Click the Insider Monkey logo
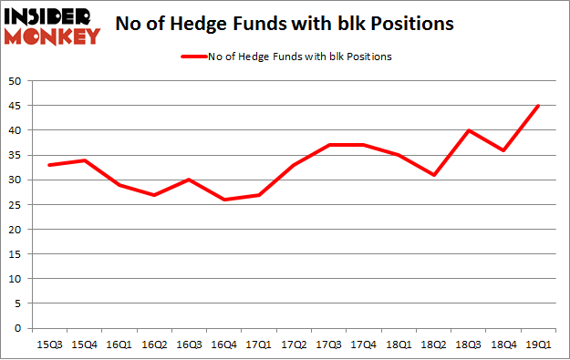point(52,26)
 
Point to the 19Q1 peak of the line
point(538,106)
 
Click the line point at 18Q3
point(468,130)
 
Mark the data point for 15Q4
point(84,160)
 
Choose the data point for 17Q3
point(328,145)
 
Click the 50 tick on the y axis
point(16,81)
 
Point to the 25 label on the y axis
point(16,205)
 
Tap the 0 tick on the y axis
point(19,328)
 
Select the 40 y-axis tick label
point(16,130)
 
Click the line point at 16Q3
point(189,180)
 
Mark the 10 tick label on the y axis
point(16,279)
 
